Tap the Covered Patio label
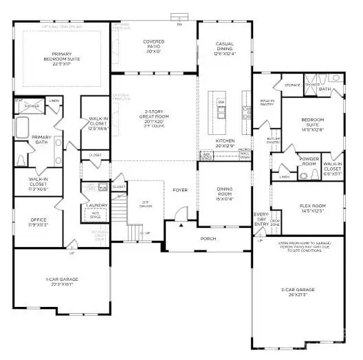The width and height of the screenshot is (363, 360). (153, 45)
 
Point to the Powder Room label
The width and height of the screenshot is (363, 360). (307, 164)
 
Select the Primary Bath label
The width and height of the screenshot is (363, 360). (41, 140)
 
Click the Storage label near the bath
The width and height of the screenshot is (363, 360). (294, 87)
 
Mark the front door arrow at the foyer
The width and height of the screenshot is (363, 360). (181, 225)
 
